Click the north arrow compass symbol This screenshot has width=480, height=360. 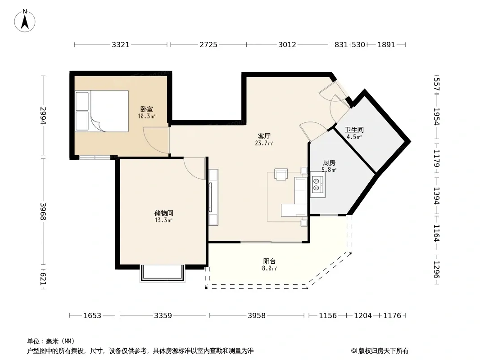click(x=25, y=21)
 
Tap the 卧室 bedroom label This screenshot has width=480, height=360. click(x=147, y=109)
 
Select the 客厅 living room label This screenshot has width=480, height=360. click(x=264, y=136)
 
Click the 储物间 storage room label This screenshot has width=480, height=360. click(x=164, y=213)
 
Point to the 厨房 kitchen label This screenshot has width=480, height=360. click(x=329, y=163)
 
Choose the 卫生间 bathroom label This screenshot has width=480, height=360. click(x=354, y=130)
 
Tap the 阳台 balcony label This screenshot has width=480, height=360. click(x=269, y=261)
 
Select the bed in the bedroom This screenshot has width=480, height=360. click(x=102, y=111)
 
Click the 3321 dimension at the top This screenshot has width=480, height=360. click(x=121, y=45)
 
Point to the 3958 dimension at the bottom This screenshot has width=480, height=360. click(x=257, y=315)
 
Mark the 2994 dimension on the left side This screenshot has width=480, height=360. click(x=43, y=115)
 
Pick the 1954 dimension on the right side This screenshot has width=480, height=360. click(x=436, y=117)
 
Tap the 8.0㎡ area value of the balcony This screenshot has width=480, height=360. click(x=269, y=269)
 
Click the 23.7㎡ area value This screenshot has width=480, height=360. click(x=264, y=143)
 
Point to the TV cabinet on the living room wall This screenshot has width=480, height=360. click(x=213, y=197)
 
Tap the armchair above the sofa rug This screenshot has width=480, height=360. click(x=281, y=174)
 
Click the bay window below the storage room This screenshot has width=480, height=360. click(x=163, y=274)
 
